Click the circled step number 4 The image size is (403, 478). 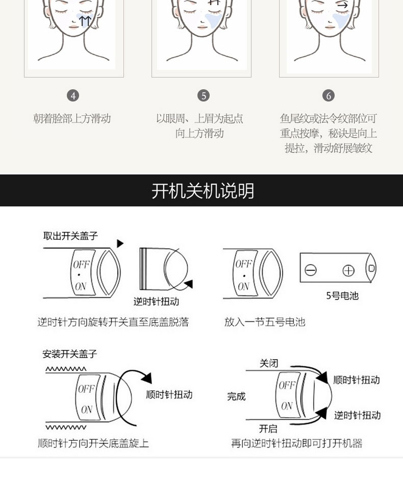pyautogui.click(x=73, y=96)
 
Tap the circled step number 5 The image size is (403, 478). pyautogui.click(x=204, y=96)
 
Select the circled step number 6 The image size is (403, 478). pyautogui.click(x=329, y=96)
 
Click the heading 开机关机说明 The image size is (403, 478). pyautogui.click(x=203, y=191)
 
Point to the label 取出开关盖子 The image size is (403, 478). pyautogui.click(x=70, y=236)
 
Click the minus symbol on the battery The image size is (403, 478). pyautogui.click(x=311, y=270)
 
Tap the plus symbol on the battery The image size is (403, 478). pyautogui.click(x=348, y=271)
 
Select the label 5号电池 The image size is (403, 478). pyautogui.click(x=342, y=296)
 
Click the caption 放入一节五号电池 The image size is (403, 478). pyautogui.click(x=265, y=322)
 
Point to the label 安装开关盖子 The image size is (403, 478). pyautogui.click(x=69, y=354)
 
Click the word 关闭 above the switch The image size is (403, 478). pyautogui.click(x=269, y=363)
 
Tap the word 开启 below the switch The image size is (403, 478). pyautogui.click(x=268, y=429)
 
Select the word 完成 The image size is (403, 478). pyautogui.click(x=236, y=396)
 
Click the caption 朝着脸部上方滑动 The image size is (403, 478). pyautogui.click(x=72, y=118)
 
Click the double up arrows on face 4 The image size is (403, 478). pyautogui.click(x=85, y=21)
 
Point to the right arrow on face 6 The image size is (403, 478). pyautogui.click(x=343, y=5)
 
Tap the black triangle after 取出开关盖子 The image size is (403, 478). pyautogui.click(x=120, y=243)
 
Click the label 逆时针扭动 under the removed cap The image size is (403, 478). pyautogui.click(x=156, y=301)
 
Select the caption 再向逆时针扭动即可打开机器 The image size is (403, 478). pyautogui.click(x=296, y=443)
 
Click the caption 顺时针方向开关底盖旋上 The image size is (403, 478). pyautogui.click(x=93, y=443)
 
